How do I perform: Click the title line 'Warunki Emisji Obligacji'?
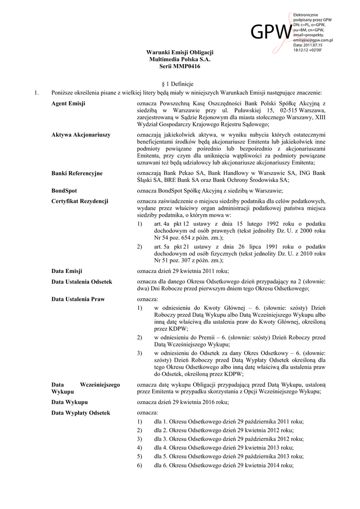coord(180,52)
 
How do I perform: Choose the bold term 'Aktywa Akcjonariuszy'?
coord(81,135)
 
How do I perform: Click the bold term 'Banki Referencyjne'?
coord(77,172)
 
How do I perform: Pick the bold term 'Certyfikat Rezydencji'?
coord(80,201)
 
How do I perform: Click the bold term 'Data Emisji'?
coord(67,271)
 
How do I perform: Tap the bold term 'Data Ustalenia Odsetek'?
coord(82,281)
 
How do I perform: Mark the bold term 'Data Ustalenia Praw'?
coord(78,299)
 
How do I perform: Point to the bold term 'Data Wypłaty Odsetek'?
coord(81,413)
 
